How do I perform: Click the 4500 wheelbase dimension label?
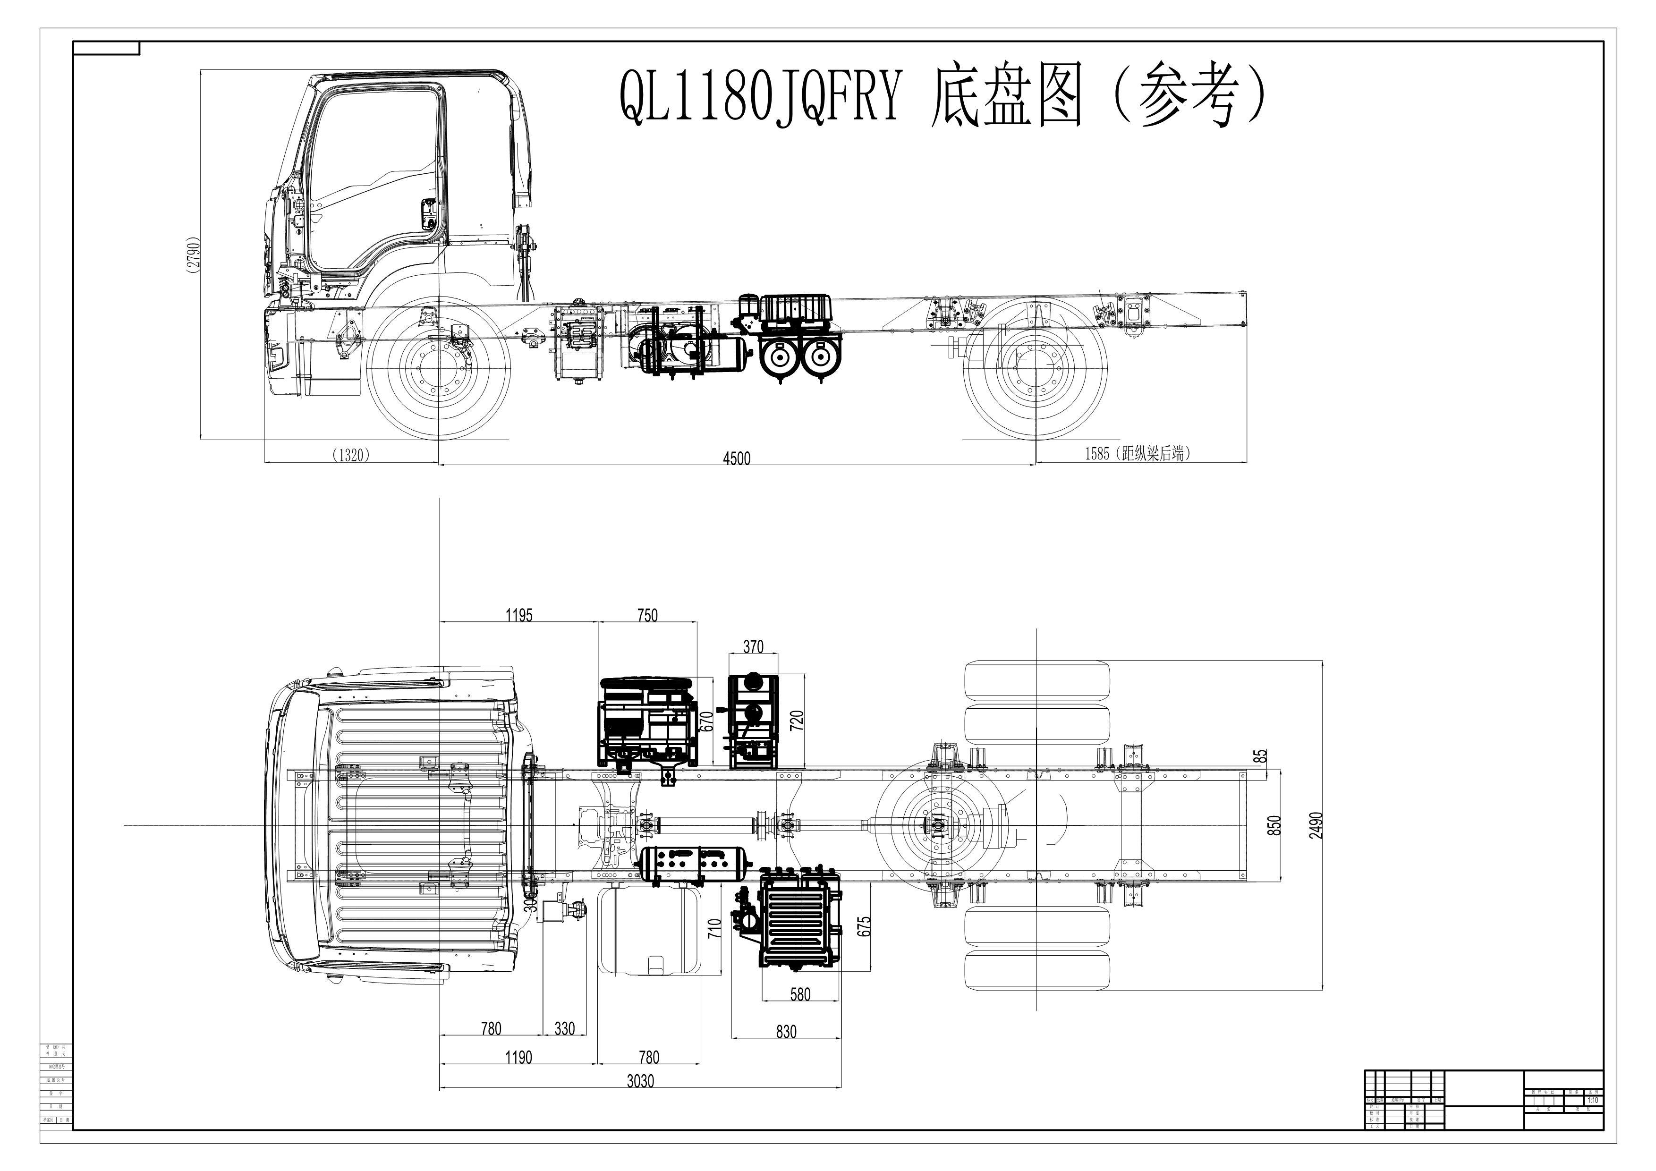pyautogui.click(x=737, y=458)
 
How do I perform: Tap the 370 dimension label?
pyautogui.click(x=753, y=647)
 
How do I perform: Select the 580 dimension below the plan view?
pyautogui.click(x=800, y=994)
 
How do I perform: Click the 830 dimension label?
pyautogui.click(x=786, y=1032)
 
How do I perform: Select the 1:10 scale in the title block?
pyautogui.click(x=1593, y=1100)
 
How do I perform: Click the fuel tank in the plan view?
pyautogui.click(x=648, y=930)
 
